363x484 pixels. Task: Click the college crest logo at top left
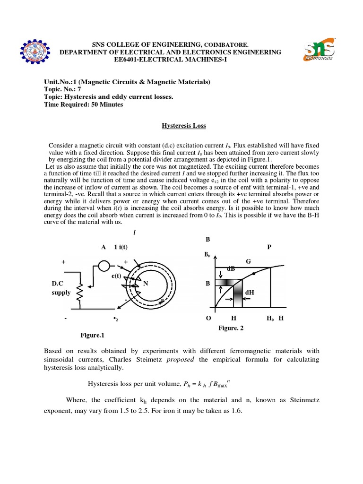click(33, 52)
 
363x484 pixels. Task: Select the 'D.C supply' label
click(61, 288)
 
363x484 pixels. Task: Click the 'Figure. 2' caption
click(231, 328)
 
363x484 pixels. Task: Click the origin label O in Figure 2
click(208, 318)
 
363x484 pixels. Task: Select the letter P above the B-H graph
click(269, 247)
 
